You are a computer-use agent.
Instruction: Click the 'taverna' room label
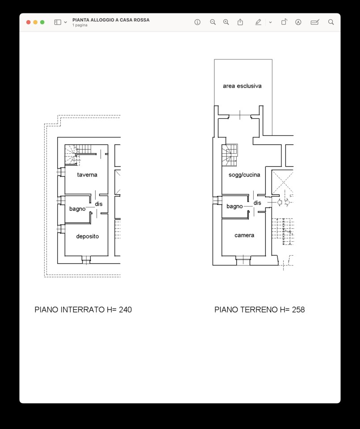pyautogui.click(x=87, y=175)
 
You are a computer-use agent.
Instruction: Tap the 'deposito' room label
pyautogui.click(x=88, y=236)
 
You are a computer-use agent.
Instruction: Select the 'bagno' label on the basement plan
pyautogui.click(x=77, y=209)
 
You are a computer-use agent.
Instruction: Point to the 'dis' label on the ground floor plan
pyautogui.click(x=257, y=203)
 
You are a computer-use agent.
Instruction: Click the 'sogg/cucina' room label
pyautogui.click(x=244, y=175)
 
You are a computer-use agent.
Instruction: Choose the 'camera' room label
pyautogui.click(x=244, y=235)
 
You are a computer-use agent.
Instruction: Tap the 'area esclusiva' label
pyautogui.click(x=242, y=86)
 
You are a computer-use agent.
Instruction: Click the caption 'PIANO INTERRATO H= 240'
pyautogui.click(x=83, y=310)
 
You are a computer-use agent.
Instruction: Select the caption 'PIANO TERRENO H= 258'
pyautogui.click(x=260, y=310)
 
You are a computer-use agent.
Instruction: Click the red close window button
pyautogui.click(x=29, y=22)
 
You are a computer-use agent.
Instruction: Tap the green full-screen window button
pyautogui.click(x=42, y=22)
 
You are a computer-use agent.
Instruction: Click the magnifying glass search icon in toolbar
pyautogui.click(x=331, y=22)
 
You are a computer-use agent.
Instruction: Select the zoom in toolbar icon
pyautogui.click(x=226, y=22)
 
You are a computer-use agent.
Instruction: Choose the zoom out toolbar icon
pyautogui.click(x=213, y=22)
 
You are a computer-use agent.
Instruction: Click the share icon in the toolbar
pyautogui.click(x=240, y=22)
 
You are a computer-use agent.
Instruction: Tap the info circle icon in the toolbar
pyautogui.click(x=197, y=22)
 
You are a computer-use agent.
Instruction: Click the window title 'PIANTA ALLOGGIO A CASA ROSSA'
pyautogui.click(x=111, y=20)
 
